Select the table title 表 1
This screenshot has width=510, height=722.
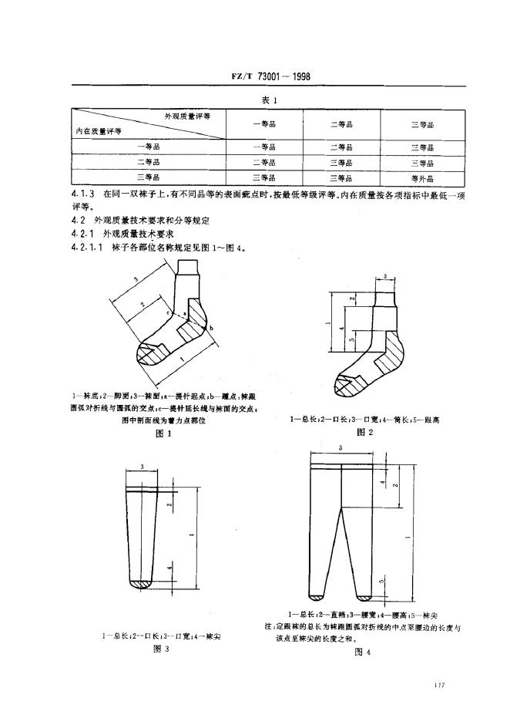tap(269, 100)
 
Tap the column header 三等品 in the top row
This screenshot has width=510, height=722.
tap(423, 124)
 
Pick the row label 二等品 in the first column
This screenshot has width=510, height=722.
tap(148, 163)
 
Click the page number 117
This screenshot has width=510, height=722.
tap(440, 684)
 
